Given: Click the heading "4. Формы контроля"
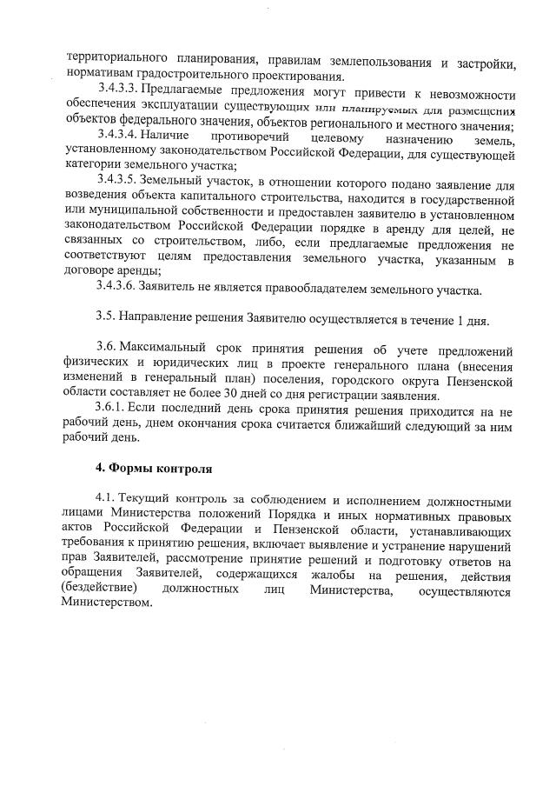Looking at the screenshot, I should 153,468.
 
